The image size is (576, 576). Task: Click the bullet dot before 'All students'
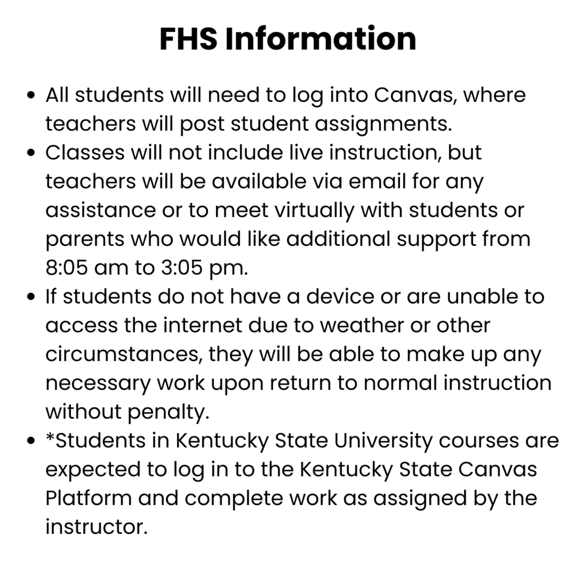click(32, 95)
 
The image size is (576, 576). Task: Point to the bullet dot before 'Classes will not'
click(32, 153)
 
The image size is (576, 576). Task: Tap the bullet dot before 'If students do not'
click(32, 297)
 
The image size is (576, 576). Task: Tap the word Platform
click(88, 498)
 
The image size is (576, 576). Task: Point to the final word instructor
click(96, 527)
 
